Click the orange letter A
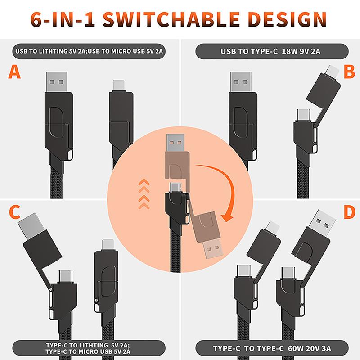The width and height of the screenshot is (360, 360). pos(15,72)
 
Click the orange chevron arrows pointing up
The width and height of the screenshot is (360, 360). pos(144,193)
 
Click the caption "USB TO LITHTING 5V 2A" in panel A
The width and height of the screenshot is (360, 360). pos(50,51)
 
